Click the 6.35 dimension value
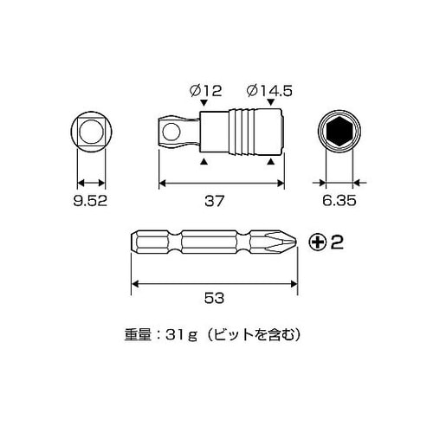[339, 203]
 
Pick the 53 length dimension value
[216, 297]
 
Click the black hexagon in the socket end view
[339, 134]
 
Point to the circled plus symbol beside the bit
[320, 242]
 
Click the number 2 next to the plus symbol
[339, 242]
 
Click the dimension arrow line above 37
[219, 183]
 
